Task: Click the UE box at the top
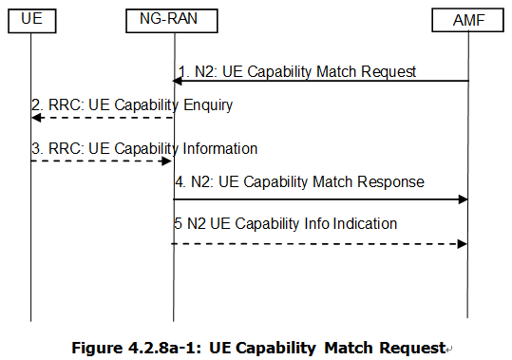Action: (30, 17)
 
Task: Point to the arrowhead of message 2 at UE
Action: (36, 117)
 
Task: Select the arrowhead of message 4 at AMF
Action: (463, 199)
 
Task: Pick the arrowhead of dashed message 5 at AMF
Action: (463, 243)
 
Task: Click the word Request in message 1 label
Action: (388, 71)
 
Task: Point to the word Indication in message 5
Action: (365, 224)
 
